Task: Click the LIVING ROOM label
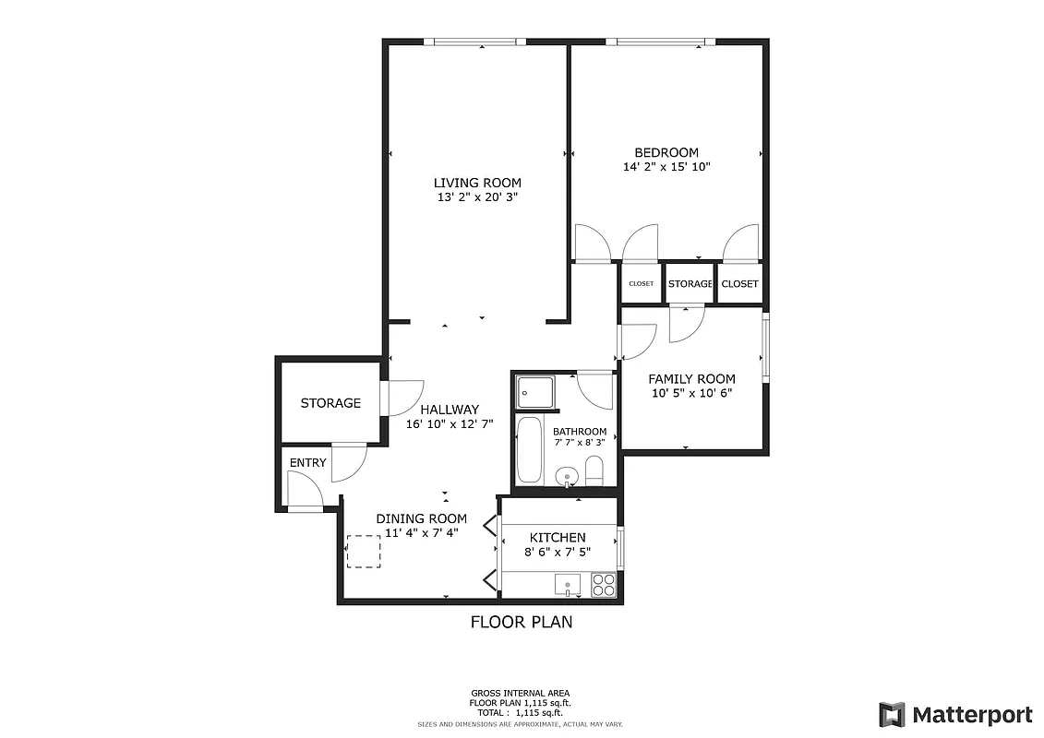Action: pos(477,183)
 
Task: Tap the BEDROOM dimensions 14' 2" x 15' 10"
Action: pos(666,167)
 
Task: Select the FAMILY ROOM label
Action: pos(691,379)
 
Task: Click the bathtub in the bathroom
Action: pos(530,449)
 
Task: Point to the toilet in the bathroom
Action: pos(594,471)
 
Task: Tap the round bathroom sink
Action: pos(567,477)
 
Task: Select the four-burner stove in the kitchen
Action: pos(603,585)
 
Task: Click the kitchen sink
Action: pos(567,584)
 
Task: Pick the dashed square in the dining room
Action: pos(363,552)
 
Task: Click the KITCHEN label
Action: pos(557,538)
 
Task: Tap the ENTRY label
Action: pos(307,462)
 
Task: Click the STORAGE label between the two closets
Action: pos(690,284)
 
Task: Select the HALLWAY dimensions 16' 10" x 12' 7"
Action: pos(450,424)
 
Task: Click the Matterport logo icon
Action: pos(892,714)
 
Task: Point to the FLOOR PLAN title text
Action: pos(522,622)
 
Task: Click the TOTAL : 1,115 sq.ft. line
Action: pos(521,713)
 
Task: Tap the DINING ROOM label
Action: pos(421,518)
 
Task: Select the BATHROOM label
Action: pos(580,432)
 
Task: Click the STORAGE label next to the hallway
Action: pos(330,403)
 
